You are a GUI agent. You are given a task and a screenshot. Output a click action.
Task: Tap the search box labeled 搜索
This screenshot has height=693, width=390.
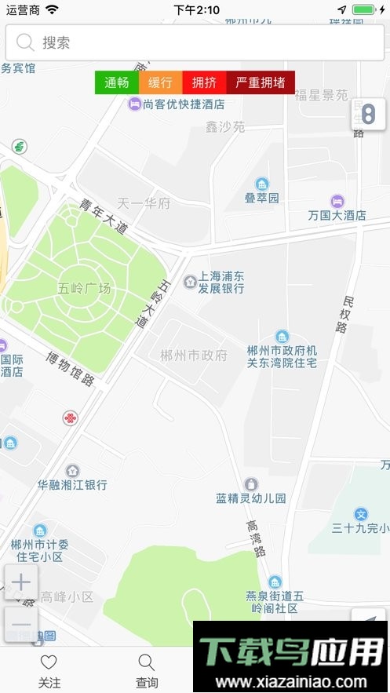[195, 42]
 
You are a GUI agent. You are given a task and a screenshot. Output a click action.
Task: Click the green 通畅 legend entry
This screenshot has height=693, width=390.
[117, 82]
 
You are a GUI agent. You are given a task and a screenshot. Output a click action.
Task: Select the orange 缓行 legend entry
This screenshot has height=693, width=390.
[160, 82]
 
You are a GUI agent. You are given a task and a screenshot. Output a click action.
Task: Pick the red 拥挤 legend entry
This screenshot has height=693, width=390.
[204, 82]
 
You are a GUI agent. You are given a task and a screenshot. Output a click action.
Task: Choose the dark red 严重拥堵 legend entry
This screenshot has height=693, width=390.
[261, 82]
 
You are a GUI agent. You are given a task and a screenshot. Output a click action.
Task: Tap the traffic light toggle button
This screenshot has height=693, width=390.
[367, 115]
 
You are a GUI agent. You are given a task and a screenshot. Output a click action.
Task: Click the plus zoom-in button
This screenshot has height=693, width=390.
[21, 582]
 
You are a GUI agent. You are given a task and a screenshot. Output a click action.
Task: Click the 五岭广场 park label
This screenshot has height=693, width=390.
[84, 288]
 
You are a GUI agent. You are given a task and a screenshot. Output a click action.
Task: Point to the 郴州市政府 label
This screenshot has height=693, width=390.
[193, 356]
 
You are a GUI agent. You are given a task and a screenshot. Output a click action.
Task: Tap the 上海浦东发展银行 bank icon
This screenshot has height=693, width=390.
[190, 282]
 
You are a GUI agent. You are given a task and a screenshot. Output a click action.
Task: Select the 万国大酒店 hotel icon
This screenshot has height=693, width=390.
[337, 201]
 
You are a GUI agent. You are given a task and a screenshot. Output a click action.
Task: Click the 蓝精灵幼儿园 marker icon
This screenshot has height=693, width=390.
[251, 484]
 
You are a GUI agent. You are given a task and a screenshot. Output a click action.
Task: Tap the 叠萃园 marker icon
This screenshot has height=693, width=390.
[262, 184]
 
